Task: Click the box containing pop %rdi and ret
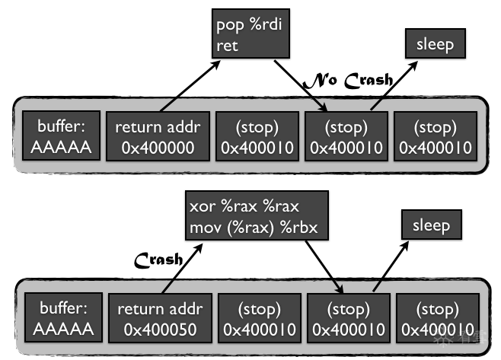coord(249,36)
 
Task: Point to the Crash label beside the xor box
coord(158,260)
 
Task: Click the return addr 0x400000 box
coord(158,138)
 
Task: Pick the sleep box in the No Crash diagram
coord(435,45)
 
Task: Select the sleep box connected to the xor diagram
coord(431,226)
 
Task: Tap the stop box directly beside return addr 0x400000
coord(257,138)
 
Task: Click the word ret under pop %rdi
coord(228,46)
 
